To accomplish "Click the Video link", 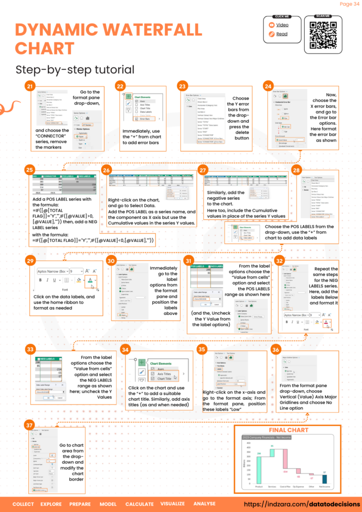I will point(282,24).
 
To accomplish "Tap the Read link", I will point(281,34).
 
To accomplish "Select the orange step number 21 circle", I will point(30,86).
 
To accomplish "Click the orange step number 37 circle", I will point(30,424).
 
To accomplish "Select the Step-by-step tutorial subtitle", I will point(75,69).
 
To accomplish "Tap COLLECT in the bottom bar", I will point(23,504).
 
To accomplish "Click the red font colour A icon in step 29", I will point(90,280).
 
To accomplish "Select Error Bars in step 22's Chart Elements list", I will point(142,119).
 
